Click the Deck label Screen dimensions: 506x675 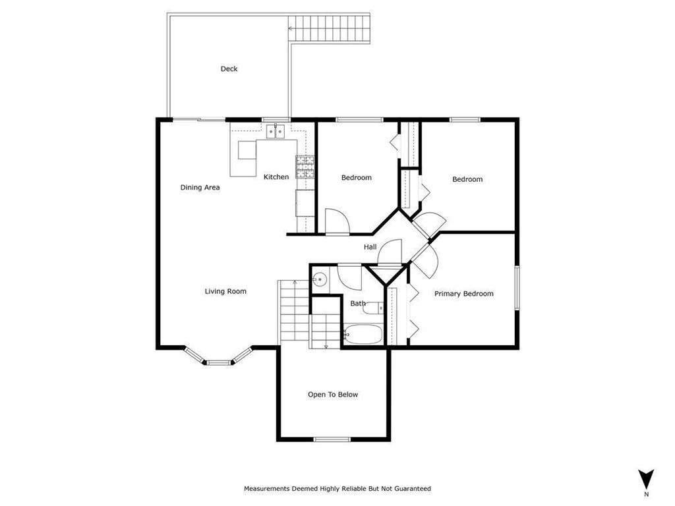(x=229, y=69)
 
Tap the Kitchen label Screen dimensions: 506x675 (x=276, y=177)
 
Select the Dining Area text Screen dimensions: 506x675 (x=200, y=187)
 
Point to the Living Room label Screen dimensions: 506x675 (x=225, y=291)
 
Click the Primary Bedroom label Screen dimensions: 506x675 (x=463, y=294)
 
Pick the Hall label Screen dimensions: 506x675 (x=370, y=247)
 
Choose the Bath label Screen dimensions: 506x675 (x=358, y=304)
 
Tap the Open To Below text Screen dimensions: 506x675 (x=333, y=395)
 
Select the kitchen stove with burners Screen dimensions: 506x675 (x=305, y=167)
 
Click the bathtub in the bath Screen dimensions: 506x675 (x=362, y=335)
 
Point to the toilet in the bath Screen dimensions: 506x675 (x=374, y=307)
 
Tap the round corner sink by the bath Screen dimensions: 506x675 (x=318, y=279)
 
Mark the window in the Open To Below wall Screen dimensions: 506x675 (x=332, y=439)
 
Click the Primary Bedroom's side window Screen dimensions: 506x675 (x=517, y=287)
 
